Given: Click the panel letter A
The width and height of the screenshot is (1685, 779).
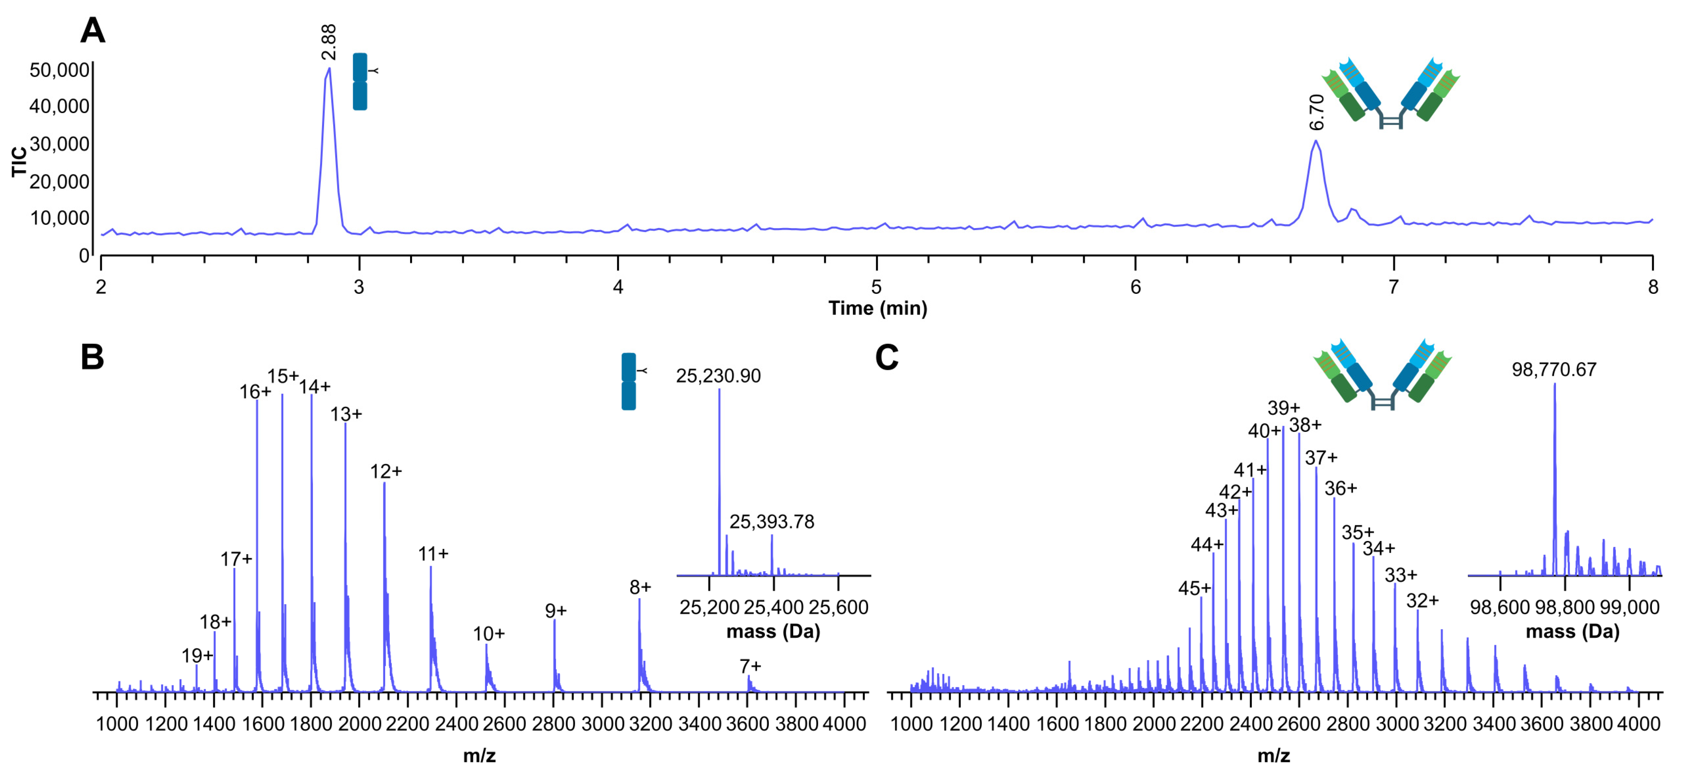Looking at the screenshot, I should [x=92, y=31].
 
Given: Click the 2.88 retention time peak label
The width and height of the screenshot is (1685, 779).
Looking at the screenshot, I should [x=328, y=42].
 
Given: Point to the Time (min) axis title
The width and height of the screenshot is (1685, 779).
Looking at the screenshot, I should [x=877, y=308].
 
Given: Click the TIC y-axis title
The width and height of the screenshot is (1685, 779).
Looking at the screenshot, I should [x=19, y=162].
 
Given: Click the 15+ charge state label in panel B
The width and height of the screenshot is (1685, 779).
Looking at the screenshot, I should [x=283, y=377].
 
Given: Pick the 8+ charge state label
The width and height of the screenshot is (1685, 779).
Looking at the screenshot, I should [x=640, y=588].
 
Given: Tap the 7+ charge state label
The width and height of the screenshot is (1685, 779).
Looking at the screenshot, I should [x=750, y=666].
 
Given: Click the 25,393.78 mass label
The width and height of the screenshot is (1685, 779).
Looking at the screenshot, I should [x=772, y=521].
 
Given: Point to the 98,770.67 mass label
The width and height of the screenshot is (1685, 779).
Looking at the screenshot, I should [x=1554, y=369].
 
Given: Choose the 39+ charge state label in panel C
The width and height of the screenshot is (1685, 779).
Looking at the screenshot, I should [x=1283, y=408].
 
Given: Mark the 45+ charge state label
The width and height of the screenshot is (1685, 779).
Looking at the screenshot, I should [x=1194, y=588].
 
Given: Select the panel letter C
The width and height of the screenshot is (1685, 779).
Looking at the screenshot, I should [x=886, y=358].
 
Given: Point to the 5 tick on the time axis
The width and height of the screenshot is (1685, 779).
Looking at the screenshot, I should [x=876, y=287].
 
